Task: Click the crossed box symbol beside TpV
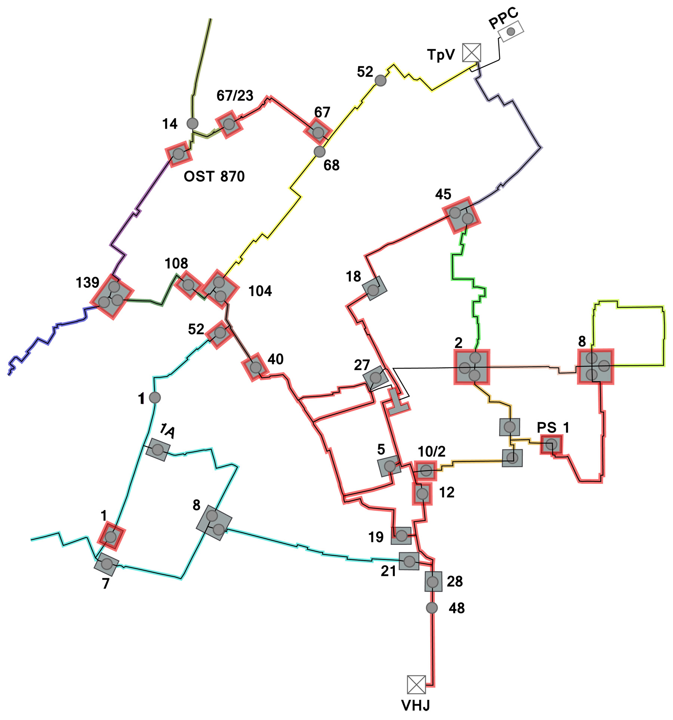471,52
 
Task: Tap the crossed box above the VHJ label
416,684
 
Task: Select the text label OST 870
214,176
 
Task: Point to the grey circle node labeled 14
192,123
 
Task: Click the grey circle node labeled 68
319,152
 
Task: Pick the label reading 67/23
235,96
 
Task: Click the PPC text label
503,18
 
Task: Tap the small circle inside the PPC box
511,31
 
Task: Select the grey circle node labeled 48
432,608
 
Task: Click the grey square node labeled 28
433,582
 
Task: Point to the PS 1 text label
553,427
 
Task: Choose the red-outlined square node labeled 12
422,494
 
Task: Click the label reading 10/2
431,452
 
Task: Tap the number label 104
260,291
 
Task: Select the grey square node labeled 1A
158,449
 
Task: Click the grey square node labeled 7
107,564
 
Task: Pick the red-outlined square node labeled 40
255,367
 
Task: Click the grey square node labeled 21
409,561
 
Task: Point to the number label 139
87,283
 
